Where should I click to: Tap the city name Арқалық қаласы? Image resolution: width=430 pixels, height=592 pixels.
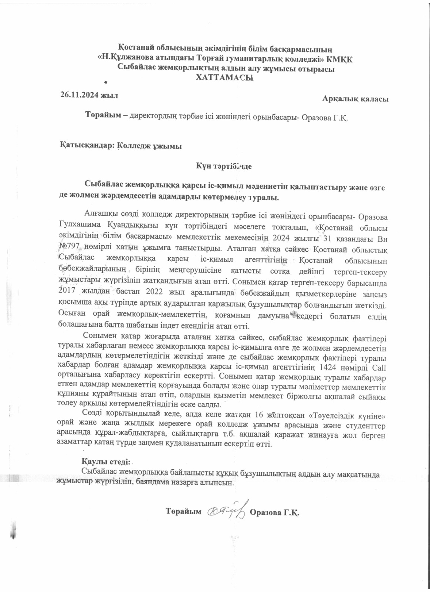(355, 99)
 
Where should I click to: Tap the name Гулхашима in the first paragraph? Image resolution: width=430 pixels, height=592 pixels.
(76, 225)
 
